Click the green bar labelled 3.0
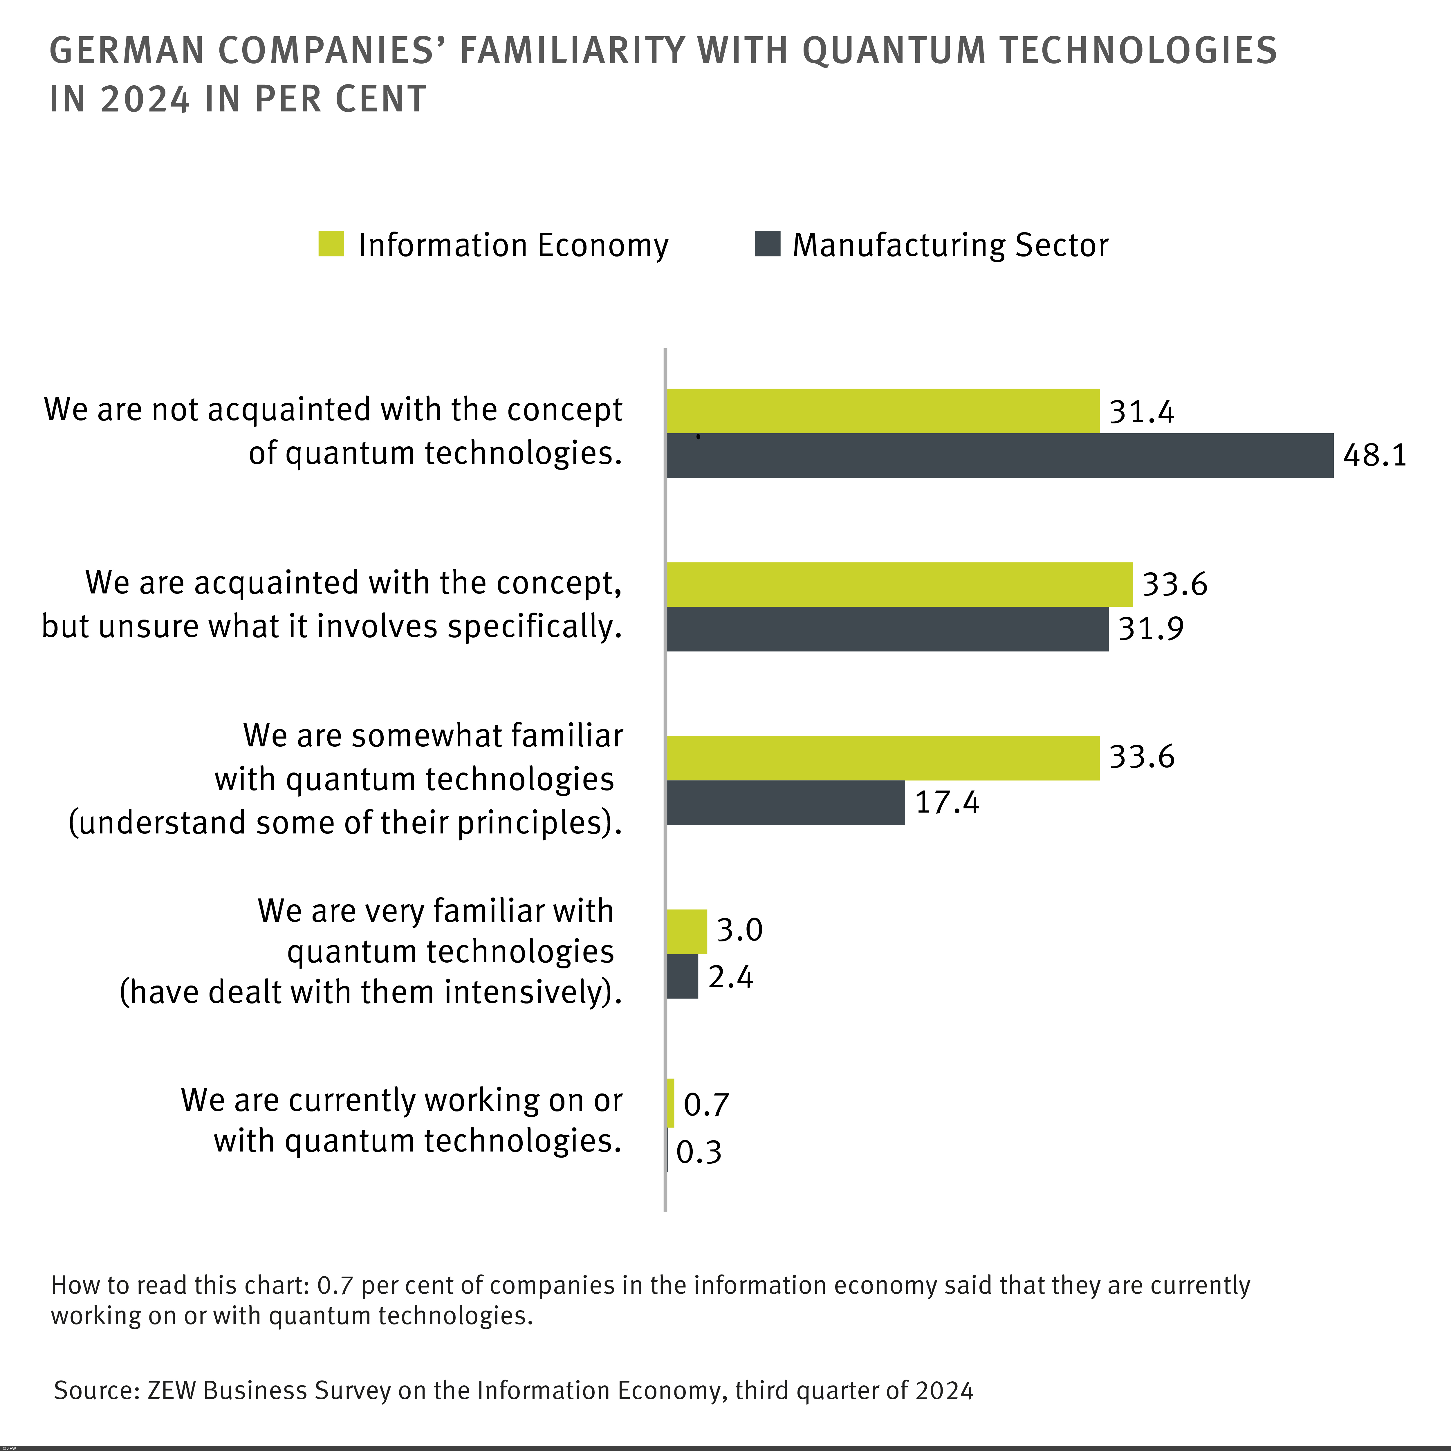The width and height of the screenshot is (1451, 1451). [686, 931]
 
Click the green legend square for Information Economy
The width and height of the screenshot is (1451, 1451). [331, 244]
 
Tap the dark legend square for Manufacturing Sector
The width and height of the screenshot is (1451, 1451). [767, 244]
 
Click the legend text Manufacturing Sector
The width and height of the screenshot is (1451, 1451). [950, 245]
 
